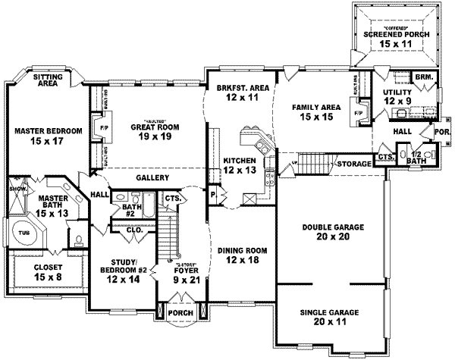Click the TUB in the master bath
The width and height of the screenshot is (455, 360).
[x=24, y=234]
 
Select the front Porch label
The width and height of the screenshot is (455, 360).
[x=181, y=313]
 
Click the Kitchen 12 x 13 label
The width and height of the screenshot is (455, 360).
[x=240, y=164]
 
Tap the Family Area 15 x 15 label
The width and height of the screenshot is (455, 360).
[x=315, y=112]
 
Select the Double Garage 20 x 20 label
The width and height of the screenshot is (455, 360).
[x=332, y=231]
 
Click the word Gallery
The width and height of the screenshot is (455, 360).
[x=152, y=177]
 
